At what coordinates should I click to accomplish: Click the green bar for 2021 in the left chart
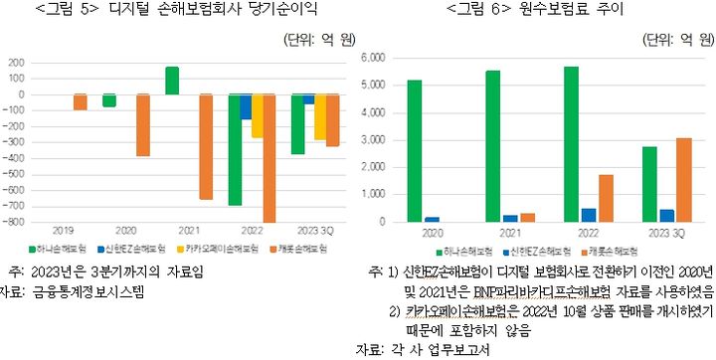click(172, 81)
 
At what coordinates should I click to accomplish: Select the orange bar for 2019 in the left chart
click(81, 101)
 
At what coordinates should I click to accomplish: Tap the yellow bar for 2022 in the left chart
click(257, 115)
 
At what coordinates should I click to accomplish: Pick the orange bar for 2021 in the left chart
click(206, 146)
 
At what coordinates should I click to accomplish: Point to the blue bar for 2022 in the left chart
click(245, 107)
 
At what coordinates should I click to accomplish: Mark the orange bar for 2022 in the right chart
click(605, 198)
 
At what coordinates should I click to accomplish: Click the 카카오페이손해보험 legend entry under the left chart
click(212, 248)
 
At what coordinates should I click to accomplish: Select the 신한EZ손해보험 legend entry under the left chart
click(132, 248)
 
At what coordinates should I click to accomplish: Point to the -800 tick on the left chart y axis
click(17, 222)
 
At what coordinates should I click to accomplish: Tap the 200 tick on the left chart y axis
click(19, 62)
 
